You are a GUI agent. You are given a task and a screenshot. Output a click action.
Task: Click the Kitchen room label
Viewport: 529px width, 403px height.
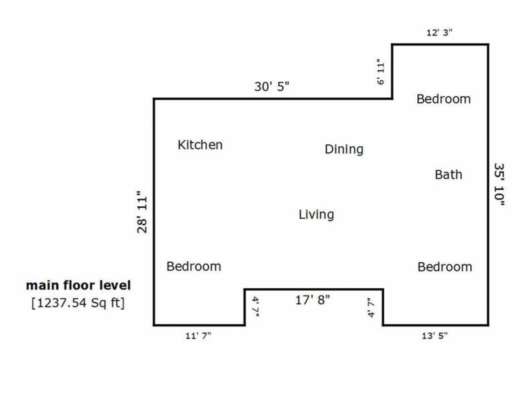pos(200,145)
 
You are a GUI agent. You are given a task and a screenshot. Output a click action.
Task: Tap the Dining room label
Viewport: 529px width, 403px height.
pos(344,149)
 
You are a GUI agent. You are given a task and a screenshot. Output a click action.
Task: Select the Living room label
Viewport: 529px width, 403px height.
pos(316,215)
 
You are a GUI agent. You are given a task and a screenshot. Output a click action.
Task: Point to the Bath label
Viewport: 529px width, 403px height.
pos(448,175)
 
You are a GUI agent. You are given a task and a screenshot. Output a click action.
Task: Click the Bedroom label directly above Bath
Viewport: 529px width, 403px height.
pos(444,99)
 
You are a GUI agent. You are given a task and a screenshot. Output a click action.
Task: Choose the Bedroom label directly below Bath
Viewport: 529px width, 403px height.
pos(445,267)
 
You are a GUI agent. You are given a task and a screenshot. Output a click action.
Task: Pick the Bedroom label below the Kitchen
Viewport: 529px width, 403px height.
pos(194,266)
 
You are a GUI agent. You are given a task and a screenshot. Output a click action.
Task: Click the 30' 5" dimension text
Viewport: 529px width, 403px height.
pos(272,87)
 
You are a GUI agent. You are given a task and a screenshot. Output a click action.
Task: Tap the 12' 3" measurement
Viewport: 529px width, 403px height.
pos(439,32)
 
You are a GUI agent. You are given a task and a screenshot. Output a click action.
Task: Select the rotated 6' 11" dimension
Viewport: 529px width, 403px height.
pos(380,72)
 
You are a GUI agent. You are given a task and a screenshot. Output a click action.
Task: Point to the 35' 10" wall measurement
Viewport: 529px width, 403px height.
pos(499,184)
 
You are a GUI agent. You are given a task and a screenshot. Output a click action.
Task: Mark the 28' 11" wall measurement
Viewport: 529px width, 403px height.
pos(142,212)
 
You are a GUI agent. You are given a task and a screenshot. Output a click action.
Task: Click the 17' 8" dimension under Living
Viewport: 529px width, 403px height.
pos(312,300)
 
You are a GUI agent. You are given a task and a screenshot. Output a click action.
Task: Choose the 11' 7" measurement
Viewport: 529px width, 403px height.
pos(198,336)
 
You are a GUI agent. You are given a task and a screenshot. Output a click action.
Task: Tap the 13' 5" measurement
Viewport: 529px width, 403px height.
pos(435,336)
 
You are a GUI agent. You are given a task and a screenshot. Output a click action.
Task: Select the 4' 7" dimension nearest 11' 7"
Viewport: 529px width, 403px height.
pos(255,307)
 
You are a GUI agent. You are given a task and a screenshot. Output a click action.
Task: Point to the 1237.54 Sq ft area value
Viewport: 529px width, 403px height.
pos(78,303)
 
